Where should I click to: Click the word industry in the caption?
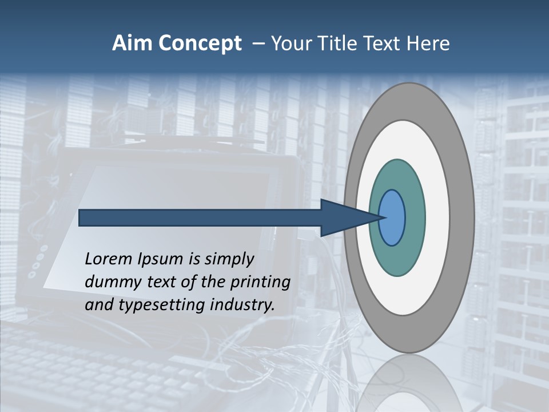pyautogui.click(x=242, y=304)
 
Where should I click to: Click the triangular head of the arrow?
pyautogui.click(x=343, y=218)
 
